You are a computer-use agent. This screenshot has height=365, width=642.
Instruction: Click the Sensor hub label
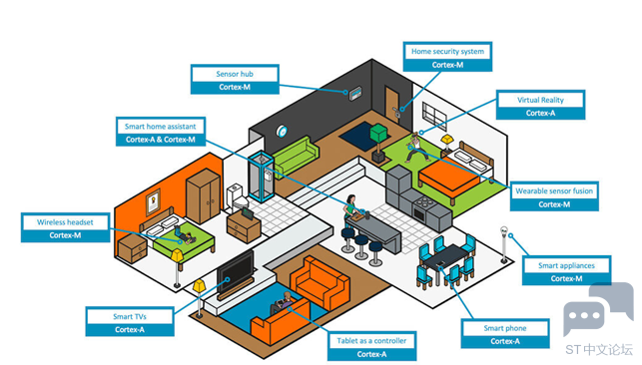(235, 80)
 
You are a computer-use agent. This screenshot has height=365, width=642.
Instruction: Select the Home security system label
(447, 57)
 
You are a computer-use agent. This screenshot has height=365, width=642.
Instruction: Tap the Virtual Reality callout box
(540, 105)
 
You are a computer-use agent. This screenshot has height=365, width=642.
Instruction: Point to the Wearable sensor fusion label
(554, 196)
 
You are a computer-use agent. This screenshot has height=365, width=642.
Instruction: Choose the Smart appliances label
(566, 270)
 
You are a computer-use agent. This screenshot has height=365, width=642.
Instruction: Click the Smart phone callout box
(505, 333)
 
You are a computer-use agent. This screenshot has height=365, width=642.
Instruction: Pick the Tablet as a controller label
(371, 346)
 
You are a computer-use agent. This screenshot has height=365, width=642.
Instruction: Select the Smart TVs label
(130, 322)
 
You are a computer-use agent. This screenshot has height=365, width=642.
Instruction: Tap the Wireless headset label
(66, 227)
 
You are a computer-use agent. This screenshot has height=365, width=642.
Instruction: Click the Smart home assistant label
(161, 132)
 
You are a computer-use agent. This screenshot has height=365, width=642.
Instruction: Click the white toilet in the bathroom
(237, 196)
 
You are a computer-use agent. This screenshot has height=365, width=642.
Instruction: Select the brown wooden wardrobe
(203, 196)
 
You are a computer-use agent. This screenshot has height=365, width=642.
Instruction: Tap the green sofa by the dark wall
(296, 156)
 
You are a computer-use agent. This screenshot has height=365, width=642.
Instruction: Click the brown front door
(391, 104)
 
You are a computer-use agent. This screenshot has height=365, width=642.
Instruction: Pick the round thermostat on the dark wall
(282, 132)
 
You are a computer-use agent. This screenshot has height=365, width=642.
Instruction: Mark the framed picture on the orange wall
(153, 201)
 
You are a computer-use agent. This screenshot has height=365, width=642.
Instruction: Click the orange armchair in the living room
(321, 281)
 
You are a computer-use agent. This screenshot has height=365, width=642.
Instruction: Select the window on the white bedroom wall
(434, 117)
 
